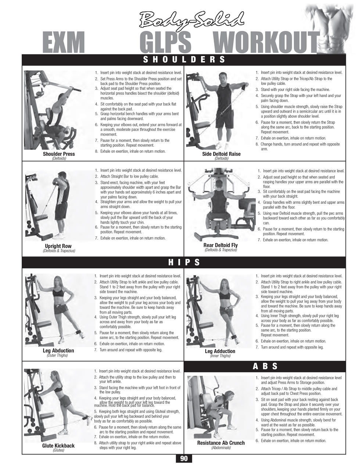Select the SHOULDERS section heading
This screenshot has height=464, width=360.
[x=184, y=59]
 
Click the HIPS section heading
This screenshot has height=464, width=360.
[x=184, y=262]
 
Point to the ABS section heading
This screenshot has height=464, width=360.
[x=265, y=366]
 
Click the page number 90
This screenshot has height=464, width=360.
[x=184, y=458]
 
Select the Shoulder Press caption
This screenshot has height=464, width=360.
[x=59, y=154]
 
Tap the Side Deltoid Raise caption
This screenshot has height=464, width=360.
[x=222, y=154]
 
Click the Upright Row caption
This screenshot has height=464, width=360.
[x=58, y=246]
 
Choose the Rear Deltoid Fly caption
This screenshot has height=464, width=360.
[x=220, y=245]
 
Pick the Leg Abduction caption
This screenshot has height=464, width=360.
[x=58, y=350]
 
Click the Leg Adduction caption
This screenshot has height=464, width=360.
[x=220, y=351]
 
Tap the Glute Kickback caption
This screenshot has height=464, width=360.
[x=58, y=446]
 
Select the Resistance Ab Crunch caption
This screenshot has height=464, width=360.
[x=221, y=443]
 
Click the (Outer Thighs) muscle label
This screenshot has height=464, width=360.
[x=57, y=355]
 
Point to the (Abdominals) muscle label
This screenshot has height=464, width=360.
[x=221, y=447]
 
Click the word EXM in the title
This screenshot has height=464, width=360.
[x=64, y=42]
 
